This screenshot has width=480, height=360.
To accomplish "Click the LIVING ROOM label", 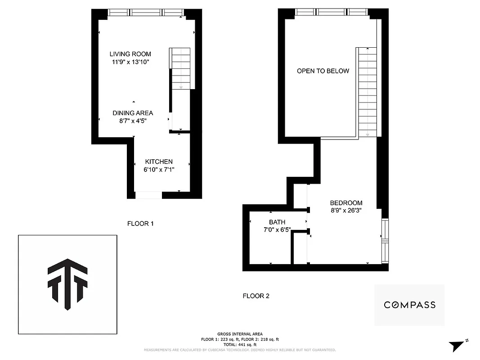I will (x=130, y=54).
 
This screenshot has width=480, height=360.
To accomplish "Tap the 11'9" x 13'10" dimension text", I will (x=130, y=62).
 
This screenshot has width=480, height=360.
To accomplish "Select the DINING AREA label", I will (x=133, y=113).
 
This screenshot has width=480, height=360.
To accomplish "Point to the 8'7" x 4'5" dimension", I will (x=133, y=121).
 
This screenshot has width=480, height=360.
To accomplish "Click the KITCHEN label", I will (x=159, y=162).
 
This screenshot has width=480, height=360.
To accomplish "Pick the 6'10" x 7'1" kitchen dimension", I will (x=159, y=170).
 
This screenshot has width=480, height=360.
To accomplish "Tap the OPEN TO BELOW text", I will (x=323, y=71).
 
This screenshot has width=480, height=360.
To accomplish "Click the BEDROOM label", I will (x=346, y=203).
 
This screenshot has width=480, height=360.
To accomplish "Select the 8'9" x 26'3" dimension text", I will (x=346, y=210).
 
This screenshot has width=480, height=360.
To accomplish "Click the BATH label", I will (x=277, y=222).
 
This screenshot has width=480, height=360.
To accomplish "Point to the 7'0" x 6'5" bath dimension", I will (x=277, y=229).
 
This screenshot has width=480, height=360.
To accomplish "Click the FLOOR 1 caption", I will (x=140, y=223).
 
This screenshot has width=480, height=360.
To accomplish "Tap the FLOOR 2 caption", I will (x=256, y=296).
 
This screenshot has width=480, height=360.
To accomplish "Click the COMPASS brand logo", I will (x=409, y=305).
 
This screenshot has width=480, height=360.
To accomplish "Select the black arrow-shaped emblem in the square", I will (x=67, y=283).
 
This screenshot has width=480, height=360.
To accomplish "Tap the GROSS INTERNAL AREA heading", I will (x=240, y=334).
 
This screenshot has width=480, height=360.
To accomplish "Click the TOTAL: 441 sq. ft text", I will (x=240, y=344).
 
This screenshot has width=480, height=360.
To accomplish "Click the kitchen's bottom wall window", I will (x=148, y=195).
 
